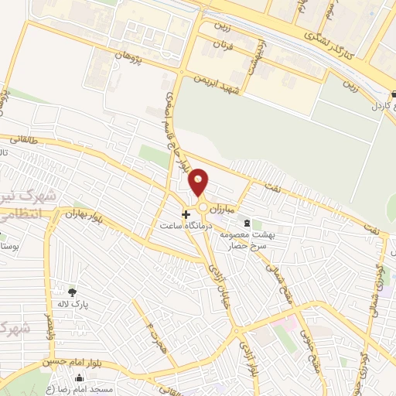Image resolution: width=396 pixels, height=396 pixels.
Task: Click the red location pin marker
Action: click(199, 182)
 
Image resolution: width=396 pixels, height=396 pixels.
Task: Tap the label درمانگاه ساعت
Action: click(186, 225)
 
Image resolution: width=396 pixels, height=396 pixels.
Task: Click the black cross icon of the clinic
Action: click(186, 213)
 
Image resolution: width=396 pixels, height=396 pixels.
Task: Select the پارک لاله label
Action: click(76, 304)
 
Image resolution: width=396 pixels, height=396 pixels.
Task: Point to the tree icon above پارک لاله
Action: click(73, 292)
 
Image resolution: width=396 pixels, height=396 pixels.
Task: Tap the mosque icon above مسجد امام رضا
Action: click(79, 378)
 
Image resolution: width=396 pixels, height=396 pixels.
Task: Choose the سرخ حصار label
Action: click(247, 246)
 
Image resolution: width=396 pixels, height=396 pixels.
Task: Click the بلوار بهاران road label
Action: click(83, 213)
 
